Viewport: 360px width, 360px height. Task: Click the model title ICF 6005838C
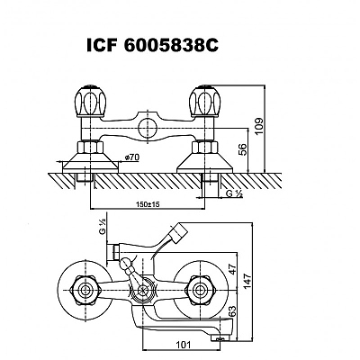pos(152,46)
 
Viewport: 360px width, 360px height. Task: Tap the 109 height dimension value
pos(259,126)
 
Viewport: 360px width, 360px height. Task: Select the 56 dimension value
pos(243,149)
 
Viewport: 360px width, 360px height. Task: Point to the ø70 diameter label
pos(132,157)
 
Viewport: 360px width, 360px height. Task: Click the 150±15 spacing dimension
pos(148,204)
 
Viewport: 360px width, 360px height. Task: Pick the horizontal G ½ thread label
pos(234,193)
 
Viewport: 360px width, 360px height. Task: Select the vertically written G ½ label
pos(103,227)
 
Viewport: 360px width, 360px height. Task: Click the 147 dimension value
pos(247,281)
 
